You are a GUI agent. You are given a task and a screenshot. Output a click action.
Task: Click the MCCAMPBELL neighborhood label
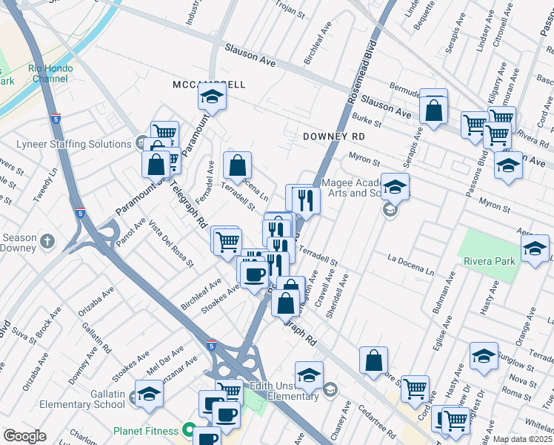click(208, 85)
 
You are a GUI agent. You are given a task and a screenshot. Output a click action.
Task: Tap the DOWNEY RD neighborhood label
click(333, 137)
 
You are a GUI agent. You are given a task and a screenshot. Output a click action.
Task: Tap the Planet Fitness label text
click(146, 430)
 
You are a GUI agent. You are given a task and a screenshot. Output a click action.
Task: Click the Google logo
click(24, 436)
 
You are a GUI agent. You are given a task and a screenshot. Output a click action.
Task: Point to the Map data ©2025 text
click(522, 439)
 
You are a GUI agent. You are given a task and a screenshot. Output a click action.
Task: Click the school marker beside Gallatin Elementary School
click(149, 394)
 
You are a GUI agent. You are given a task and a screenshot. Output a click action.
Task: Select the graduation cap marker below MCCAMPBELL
click(212, 96)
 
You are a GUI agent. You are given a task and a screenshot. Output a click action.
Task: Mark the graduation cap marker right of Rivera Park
click(535, 250)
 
